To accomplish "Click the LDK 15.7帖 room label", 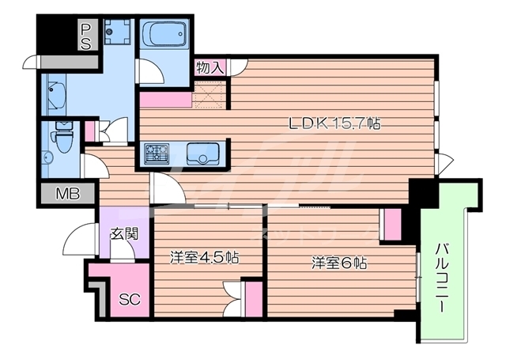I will [335, 123].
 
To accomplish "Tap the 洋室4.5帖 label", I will [205, 257].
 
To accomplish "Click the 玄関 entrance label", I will [123, 233].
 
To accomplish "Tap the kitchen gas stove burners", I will [157, 151].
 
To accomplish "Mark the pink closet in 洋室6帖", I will [391, 224].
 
